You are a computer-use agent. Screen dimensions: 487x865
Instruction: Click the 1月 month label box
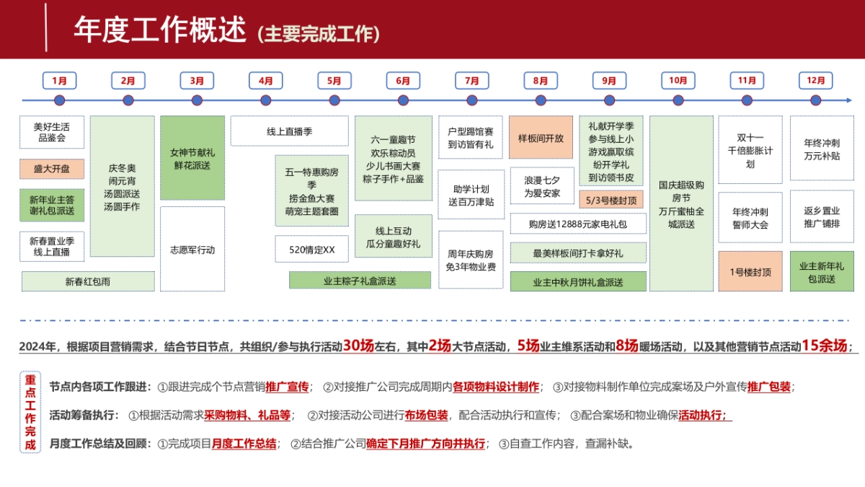[x=60, y=81]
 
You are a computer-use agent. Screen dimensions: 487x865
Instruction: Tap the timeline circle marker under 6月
[x=403, y=100]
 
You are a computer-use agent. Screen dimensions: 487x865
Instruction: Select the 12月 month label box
[x=816, y=81]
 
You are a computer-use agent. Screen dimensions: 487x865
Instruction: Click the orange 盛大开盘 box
[x=52, y=169]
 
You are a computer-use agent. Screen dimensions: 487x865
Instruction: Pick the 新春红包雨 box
[x=88, y=281]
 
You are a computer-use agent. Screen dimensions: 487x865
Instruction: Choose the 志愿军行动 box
[x=192, y=250]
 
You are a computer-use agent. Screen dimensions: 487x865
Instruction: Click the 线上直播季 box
[x=289, y=131]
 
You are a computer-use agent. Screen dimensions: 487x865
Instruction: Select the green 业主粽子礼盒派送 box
[x=360, y=281]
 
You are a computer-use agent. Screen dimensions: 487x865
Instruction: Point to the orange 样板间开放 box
[x=541, y=137]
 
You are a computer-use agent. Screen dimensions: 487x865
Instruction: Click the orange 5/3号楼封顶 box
[x=611, y=199]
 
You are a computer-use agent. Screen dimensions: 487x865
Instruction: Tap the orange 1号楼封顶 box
[x=750, y=272]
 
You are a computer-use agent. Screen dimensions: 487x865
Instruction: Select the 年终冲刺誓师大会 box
[x=750, y=218]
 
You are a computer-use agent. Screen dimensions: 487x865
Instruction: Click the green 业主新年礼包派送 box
[x=822, y=272]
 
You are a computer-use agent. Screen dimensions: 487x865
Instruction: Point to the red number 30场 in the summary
[x=358, y=346]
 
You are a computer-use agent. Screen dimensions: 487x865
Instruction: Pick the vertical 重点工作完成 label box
[x=30, y=412]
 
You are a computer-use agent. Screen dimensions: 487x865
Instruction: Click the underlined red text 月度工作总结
[x=244, y=444]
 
